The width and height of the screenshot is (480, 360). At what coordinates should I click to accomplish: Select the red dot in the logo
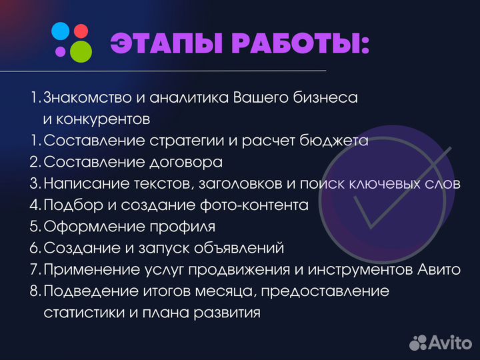click(81, 30)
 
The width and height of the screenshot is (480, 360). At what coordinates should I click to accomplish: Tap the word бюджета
click(337, 141)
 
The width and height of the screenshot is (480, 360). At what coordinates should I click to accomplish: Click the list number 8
click(34, 291)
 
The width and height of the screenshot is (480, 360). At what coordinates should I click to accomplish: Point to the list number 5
click(34, 227)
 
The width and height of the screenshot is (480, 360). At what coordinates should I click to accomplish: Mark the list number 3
click(34, 183)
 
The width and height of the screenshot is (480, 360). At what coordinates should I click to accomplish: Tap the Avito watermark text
click(449, 342)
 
